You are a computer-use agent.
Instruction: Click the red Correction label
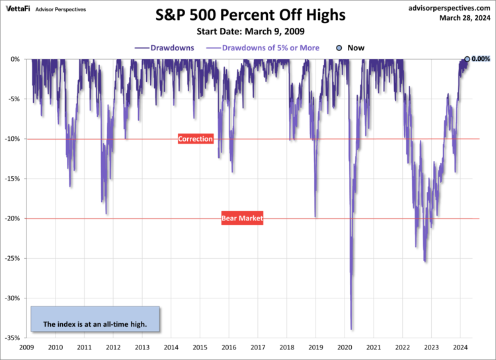pyautogui.click(x=195, y=139)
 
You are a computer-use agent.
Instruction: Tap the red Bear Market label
pyautogui.click(x=242, y=218)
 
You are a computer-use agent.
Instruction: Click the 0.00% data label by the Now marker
pyautogui.click(x=480, y=59)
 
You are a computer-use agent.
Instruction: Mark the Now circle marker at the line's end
pyautogui.click(x=467, y=59)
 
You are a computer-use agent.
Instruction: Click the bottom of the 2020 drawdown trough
pyautogui.click(x=351, y=329)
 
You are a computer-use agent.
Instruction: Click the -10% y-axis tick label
pyautogui.click(x=15, y=139)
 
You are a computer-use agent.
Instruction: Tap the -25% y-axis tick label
pyautogui.click(x=15, y=258)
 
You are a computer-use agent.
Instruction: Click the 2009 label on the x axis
pyautogui.click(x=26, y=347)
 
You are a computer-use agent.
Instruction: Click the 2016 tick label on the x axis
pyautogui.click(x=229, y=347)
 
